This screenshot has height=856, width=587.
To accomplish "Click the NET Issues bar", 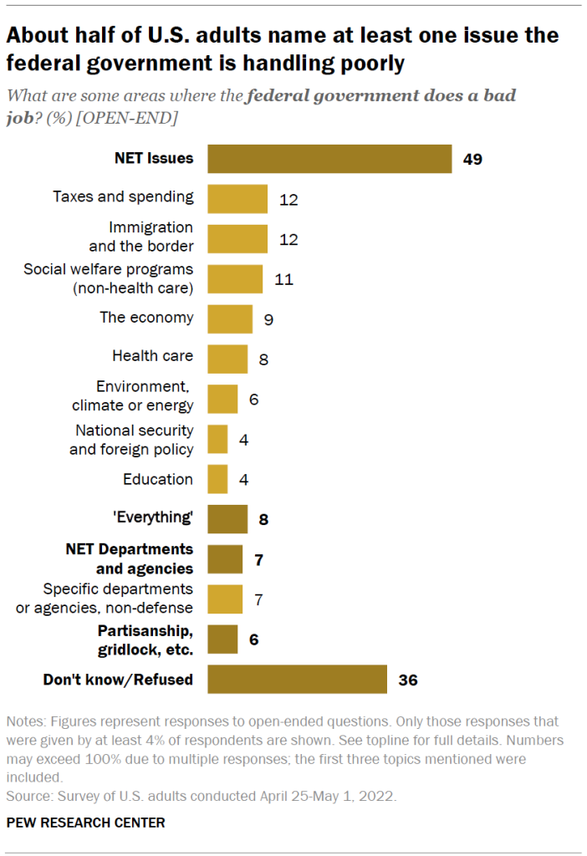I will coord(329,159).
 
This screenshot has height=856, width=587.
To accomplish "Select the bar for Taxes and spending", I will coord(237,199).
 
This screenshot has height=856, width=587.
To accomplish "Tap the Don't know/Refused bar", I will coord(297,679).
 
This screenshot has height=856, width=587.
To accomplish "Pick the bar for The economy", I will coord(229,318).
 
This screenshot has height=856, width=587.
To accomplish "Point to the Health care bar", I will coord(227,358).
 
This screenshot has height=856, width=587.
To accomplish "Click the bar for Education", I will coord(217,479).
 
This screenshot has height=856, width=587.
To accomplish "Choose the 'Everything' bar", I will coord(227,518).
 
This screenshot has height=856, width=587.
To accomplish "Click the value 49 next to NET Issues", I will coord(472,159).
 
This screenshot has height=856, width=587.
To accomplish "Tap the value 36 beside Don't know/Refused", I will coord(407,680).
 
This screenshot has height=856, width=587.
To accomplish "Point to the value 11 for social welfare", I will coord(283,279).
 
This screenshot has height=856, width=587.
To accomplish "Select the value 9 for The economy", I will coord(268,319).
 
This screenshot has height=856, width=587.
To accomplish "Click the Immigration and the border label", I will coord(140,237).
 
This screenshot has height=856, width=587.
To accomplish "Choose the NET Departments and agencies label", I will coord(130,559).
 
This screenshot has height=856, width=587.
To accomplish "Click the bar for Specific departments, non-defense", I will coord(225,599).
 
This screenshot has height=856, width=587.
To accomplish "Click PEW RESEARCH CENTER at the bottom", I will coord(85,823).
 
